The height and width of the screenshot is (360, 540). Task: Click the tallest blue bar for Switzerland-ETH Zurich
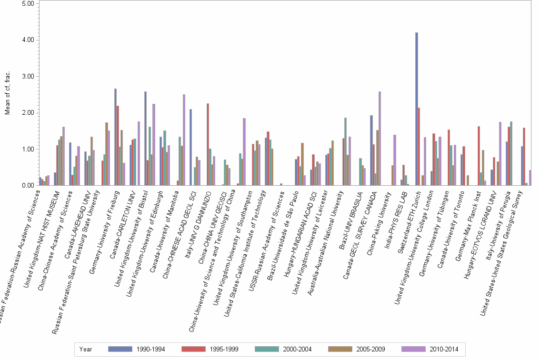[x=417, y=109]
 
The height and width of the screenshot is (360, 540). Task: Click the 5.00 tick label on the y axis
[x=28, y=3]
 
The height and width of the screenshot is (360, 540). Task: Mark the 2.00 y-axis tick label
[x=28, y=113]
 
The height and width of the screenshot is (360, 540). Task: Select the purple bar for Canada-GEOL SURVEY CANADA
[x=380, y=138]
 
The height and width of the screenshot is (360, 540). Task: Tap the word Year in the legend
[x=86, y=349]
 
